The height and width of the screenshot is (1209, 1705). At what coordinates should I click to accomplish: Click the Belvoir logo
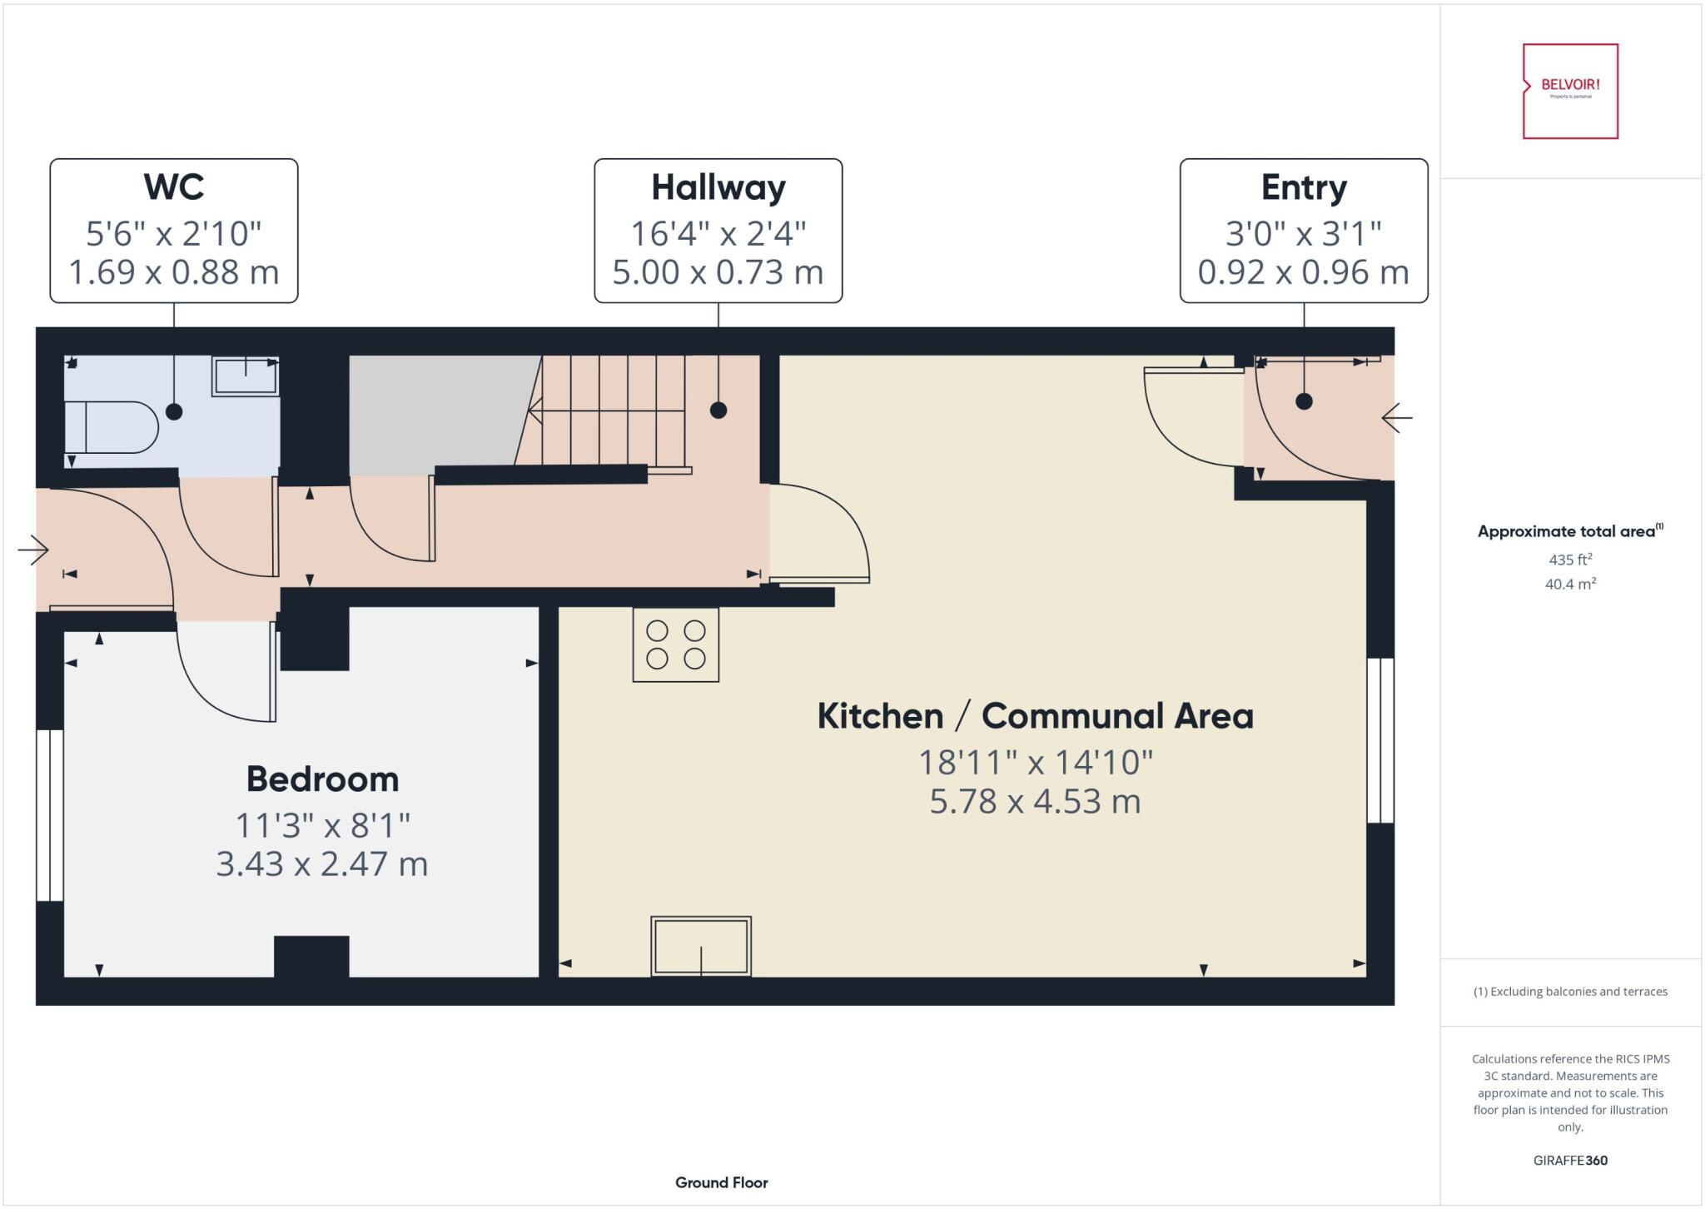pos(1570,90)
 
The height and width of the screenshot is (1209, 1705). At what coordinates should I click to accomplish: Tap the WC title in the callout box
pos(173,187)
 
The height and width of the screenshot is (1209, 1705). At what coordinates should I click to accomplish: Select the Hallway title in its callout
pos(718,187)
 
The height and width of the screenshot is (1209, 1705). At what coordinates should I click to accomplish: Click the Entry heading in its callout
pos(1304,187)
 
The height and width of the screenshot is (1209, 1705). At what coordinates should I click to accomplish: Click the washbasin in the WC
pos(245,376)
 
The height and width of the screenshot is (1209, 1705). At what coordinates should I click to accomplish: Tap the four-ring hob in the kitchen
pos(675,644)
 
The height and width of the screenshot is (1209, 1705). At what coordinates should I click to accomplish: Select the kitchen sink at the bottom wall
pos(701,946)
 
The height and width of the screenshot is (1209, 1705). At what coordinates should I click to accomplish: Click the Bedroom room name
pos(322,779)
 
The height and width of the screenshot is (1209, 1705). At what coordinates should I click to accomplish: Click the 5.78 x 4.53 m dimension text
pos(1035,801)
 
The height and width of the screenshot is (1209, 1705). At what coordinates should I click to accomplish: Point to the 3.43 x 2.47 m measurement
pos(322,863)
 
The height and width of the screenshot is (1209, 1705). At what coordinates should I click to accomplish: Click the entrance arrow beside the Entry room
pos(1396,417)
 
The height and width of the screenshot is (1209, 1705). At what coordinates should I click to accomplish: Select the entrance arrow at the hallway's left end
pos(33,550)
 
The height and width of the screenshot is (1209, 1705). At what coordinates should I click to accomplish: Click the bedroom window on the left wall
pos(49,815)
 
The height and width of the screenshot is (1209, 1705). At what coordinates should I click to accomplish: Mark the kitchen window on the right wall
pos(1380,739)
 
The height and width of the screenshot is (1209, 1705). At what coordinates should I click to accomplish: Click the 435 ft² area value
pos(1570,560)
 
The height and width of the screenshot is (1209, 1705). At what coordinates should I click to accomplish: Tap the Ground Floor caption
pos(721,1182)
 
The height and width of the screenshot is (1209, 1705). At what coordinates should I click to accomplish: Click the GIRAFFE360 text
pos(1570,1160)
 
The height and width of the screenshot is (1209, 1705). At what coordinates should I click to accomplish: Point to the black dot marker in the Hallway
pos(718,410)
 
